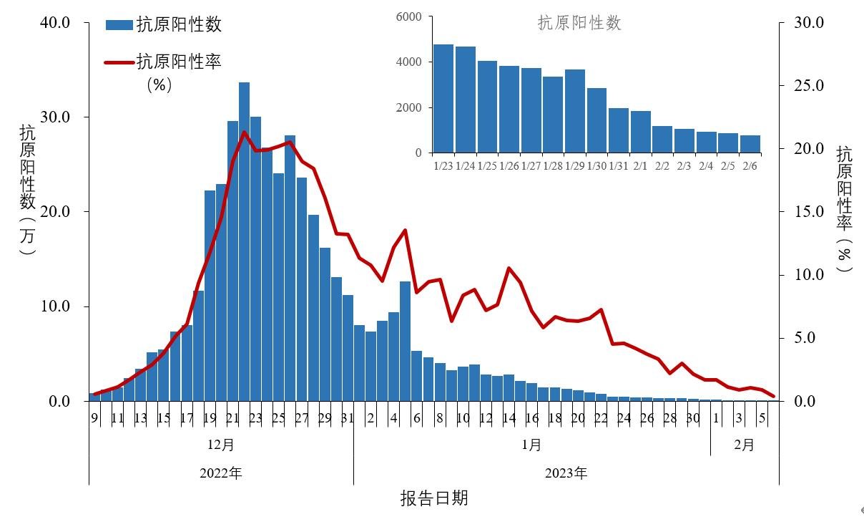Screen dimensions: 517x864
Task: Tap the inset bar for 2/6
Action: point(750,144)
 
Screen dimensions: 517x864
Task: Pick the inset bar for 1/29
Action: point(575,111)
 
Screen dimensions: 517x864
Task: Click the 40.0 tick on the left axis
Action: point(55,23)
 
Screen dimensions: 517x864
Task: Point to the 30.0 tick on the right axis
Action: point(810,23)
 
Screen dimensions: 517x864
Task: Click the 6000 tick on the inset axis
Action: point(408,16)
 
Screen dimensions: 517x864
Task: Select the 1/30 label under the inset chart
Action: point(597,166)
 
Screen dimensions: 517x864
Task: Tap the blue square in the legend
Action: point(119,25)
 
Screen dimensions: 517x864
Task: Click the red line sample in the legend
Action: point(119,62)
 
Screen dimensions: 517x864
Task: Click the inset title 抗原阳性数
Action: point(579,23)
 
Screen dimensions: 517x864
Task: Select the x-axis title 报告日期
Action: point(433,498)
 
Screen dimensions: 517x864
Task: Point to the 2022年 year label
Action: point(221,473)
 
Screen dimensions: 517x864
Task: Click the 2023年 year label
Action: point(566,473)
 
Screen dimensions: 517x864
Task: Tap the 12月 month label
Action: point(221,445)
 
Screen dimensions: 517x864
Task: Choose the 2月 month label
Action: point(744,445)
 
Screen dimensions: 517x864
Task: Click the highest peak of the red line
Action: point(244,132)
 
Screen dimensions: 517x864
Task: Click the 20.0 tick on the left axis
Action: point(55,212)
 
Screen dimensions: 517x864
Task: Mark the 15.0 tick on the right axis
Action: point(810,212)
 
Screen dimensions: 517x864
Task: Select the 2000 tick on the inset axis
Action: point(408,107)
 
